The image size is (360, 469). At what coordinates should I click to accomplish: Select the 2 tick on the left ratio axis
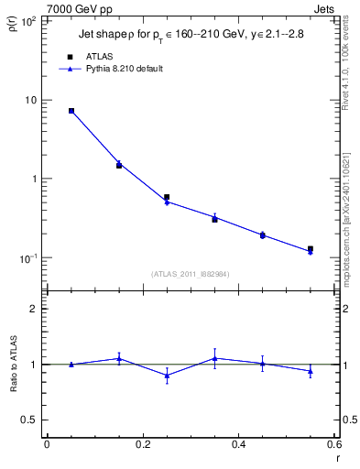(33, 309)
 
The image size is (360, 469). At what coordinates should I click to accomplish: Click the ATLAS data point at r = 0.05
(71, 111)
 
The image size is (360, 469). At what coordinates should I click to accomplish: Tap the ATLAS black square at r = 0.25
(167, 197)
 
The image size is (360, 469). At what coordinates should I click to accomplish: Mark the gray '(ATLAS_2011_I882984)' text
(190, 274)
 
